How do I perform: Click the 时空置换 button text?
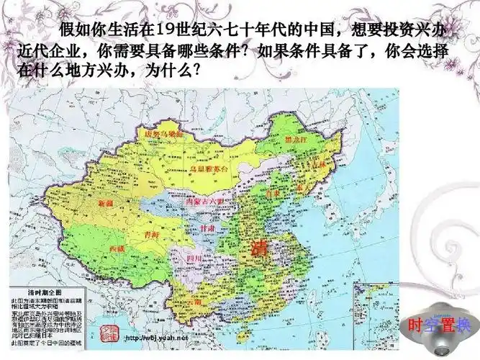point(433,324)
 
